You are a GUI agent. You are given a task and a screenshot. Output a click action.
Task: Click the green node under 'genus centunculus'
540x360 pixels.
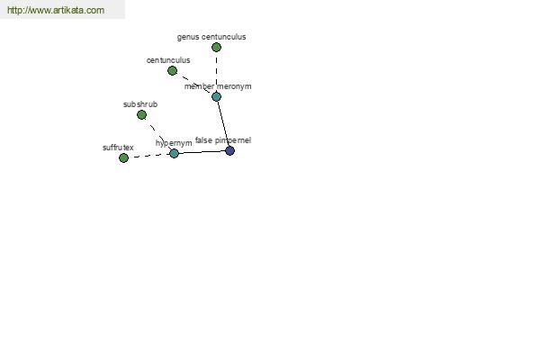[216, 47]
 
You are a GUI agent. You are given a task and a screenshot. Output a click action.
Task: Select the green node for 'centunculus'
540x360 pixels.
[172, 70]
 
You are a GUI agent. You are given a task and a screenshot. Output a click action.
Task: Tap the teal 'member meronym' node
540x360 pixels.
[216, 96]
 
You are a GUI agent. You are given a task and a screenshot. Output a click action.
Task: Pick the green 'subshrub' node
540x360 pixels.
[141, 114]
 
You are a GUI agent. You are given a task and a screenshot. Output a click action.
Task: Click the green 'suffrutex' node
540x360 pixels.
[123, 157]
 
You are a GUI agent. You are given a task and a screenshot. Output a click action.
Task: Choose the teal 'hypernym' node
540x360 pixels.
[175, 153]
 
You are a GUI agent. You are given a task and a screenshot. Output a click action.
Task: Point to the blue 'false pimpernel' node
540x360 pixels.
[229, 150]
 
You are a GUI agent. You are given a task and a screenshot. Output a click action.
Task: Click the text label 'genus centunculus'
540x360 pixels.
[211, 37]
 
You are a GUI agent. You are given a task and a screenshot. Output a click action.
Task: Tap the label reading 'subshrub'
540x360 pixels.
[140, 104]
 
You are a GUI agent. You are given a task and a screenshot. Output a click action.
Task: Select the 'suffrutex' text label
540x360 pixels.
[118, 148]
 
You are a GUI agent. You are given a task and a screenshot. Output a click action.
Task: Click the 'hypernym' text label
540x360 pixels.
[174, 143]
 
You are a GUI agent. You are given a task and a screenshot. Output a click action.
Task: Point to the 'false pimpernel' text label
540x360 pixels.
[223, 140]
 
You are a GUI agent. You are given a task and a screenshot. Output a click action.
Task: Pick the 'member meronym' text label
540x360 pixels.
[218, 86]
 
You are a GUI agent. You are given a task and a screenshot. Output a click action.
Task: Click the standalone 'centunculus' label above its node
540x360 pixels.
[168, 60]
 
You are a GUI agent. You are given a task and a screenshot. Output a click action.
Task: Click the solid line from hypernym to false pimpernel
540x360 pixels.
[202, 152]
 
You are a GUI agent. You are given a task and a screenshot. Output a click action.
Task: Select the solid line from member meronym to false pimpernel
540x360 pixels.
[223, 123]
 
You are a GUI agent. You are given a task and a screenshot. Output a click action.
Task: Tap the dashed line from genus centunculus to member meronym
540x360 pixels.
[216, 72]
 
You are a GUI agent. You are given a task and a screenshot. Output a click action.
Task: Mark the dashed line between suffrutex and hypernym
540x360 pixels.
[149, 156]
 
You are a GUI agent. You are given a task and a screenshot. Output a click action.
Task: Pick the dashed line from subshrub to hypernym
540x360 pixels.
[158, 134]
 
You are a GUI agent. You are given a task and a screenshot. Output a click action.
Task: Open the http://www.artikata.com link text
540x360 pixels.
[56, 10]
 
